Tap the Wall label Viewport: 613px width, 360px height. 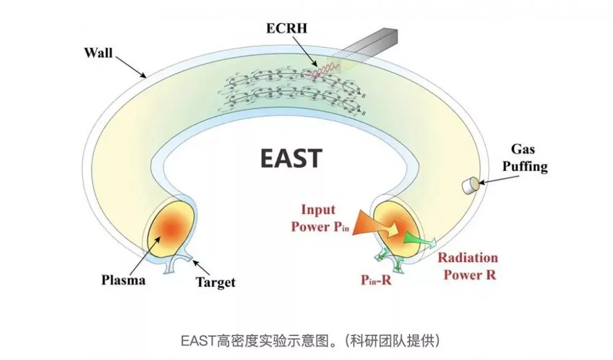pos(97,52)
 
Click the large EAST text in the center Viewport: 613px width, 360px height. pos(290,158)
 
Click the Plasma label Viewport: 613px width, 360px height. pos(123,280)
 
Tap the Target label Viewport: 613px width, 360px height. pos(215,283)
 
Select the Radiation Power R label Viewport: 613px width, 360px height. pos(466,266)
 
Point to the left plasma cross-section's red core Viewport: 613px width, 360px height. pos(172,227)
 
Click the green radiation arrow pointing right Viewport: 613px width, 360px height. pos(424,243)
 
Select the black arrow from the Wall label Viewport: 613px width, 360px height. pos(131,65)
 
